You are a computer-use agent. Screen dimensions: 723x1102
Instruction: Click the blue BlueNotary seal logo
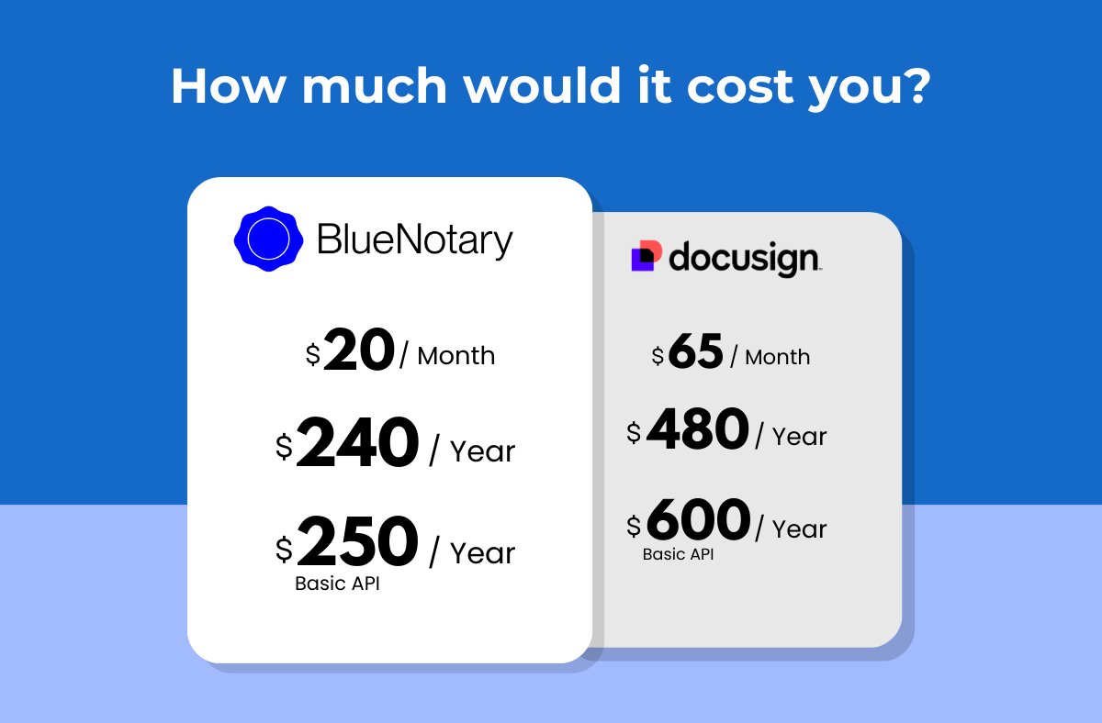[269, 239]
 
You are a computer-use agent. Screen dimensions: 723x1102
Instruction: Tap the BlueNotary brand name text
[414, 240]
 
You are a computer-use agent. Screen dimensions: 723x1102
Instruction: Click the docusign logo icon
[646, 257]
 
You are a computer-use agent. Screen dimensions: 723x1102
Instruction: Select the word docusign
[743, 259]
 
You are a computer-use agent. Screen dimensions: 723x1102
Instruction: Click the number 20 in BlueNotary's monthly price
[359, 352]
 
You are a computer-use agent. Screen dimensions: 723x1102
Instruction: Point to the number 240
[357, 444]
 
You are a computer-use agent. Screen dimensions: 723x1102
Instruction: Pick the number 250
[357, 543]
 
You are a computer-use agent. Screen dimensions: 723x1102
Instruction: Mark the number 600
[698, 520]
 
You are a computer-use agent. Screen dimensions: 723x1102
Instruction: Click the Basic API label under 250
[337, 584]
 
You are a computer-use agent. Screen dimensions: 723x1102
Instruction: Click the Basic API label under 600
[678, 555]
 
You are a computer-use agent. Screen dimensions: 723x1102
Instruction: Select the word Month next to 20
[456, 356]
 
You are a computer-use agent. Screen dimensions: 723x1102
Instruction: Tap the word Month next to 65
[778, 357]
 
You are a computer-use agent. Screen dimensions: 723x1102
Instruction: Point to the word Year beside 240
[483, 452]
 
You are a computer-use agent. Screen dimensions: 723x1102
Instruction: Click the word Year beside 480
[799, 437]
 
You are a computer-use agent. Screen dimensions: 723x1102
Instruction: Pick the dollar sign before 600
[635, 526]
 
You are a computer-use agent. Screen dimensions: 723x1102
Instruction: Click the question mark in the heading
[916, 86]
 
